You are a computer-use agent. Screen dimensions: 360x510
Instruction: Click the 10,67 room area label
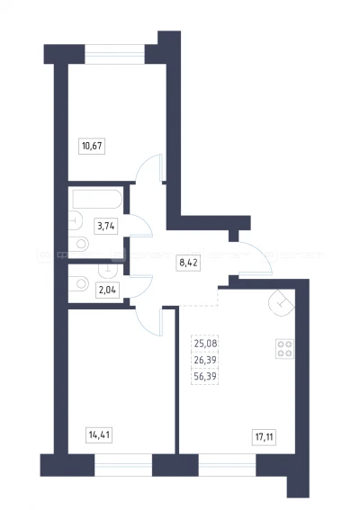(92, 146)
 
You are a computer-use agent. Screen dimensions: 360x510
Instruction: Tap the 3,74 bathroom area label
(106, 226)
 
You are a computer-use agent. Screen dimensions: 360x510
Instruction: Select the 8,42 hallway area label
(189, 263)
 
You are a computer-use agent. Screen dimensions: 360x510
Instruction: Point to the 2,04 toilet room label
(107, 290)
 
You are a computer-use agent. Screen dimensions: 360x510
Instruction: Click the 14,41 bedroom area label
(99, 434)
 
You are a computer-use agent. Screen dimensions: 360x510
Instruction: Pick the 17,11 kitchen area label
(265, 437)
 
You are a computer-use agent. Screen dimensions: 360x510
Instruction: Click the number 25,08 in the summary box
(205, 343)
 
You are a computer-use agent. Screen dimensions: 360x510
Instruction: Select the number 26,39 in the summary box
(205, 360)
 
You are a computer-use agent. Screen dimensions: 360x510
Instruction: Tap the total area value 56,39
(205, 376)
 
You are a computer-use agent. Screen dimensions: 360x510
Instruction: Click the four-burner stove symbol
(284, 349)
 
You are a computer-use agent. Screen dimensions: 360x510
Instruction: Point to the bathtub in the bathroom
(97, 199)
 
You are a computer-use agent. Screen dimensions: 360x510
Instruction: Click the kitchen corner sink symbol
(281, 303)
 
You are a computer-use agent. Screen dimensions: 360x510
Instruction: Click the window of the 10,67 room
(114, 54)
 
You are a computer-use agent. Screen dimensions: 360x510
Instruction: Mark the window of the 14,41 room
(123, 465)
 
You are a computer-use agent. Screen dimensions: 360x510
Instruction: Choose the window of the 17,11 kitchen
(227, 465)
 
